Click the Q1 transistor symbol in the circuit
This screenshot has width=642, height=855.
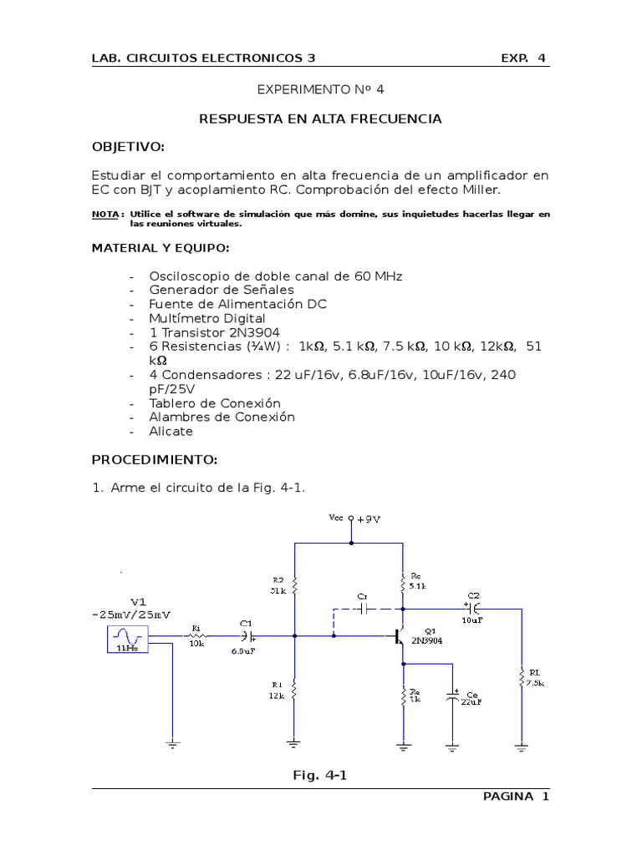tap(399, 636)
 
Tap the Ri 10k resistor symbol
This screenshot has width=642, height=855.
tap(196, 636)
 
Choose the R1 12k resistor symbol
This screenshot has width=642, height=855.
tap(294, 690)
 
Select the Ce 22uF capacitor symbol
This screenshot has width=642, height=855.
tap(453, 696)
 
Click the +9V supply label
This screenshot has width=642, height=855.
tap(369, 519)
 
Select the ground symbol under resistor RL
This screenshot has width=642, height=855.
tap(522, 747)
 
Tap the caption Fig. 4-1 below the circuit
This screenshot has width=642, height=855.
tap(319, 776)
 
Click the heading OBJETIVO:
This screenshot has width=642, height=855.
tap(128, 147)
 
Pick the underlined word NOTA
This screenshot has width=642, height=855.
tap(104, 215)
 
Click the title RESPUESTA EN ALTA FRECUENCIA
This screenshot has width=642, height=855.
tap(320, 119)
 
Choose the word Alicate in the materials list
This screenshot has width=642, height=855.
tap(171, 432)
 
